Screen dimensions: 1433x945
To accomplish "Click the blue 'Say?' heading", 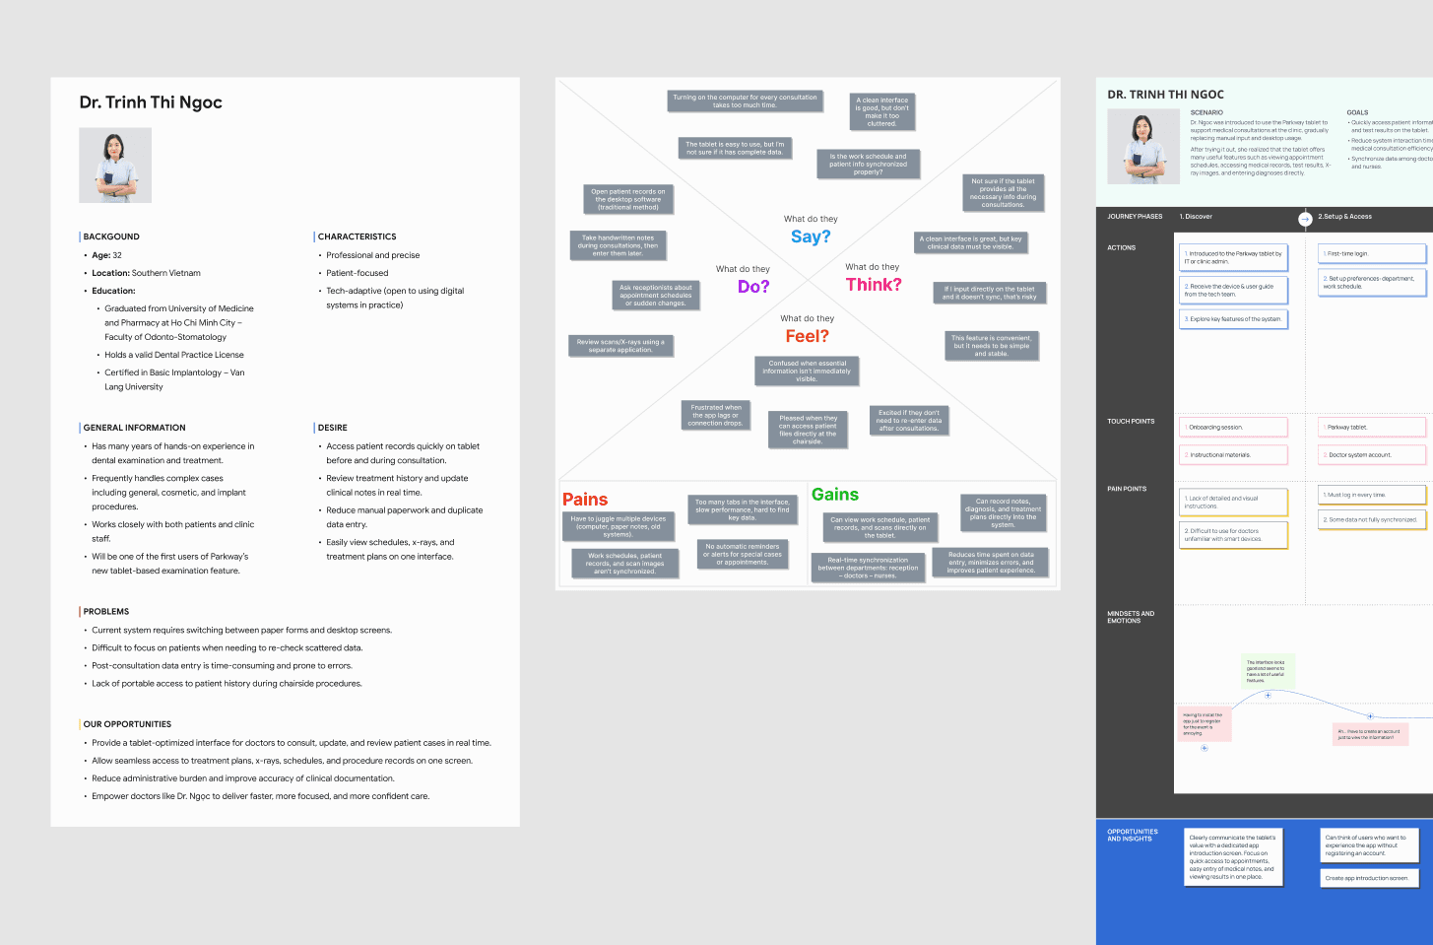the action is [811, 236].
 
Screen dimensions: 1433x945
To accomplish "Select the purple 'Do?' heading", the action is [753, 287].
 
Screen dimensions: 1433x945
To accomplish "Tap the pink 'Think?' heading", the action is [874, 285].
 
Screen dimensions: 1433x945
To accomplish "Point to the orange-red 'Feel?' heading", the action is [807, 336].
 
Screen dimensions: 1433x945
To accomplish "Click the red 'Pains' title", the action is [585, 500].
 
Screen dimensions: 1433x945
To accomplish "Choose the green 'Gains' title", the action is [835, 495].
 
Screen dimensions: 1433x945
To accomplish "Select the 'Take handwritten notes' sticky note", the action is [619, 245].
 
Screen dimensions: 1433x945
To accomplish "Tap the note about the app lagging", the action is [716, 415].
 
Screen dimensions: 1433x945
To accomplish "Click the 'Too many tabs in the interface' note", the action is [742, 509].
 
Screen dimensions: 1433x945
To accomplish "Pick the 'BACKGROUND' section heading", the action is [111, 236].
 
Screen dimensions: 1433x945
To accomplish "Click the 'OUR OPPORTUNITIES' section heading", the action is [127, 724].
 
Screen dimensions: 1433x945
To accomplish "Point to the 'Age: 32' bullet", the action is [106, 255].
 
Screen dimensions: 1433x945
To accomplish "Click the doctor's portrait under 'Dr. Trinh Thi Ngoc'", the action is [115, 166].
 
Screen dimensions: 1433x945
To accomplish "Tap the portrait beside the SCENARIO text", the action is [1143, 147].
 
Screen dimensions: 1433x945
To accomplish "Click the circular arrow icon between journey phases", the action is [1305, 218].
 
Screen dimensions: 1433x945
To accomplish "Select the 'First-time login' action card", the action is [1372, 254].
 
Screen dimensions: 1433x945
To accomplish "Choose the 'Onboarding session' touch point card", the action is [1233, 428].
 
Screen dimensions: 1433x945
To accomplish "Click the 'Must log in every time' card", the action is [1372, 495].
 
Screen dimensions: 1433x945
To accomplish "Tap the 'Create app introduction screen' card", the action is [1369, 878].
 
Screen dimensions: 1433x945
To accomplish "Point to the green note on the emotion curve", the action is [1266, 672].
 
